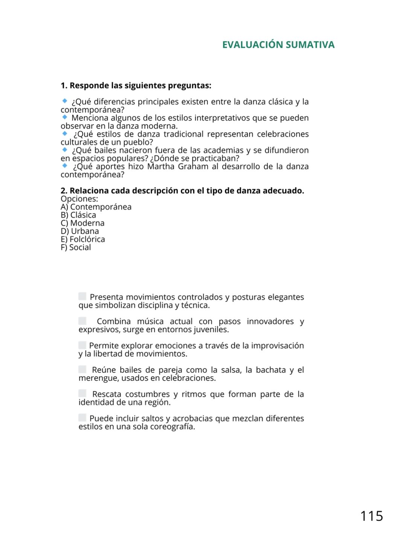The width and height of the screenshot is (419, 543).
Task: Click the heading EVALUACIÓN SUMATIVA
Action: point(278,45)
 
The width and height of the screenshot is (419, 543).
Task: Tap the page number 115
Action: point(371,516)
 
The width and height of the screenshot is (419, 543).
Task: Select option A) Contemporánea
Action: point(96,207)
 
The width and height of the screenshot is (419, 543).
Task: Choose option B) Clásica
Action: point(78,215)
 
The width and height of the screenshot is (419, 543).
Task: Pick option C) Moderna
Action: point(82,223)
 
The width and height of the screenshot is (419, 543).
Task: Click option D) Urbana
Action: point(80,231)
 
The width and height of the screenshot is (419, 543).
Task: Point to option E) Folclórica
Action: point(83,239)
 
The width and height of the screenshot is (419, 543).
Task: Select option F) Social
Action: point(76,247)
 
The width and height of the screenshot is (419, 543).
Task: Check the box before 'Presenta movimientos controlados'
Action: point(82,296)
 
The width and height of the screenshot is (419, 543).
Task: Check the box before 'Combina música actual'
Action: point(82,321)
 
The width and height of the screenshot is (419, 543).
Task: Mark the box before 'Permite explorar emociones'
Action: point(82,345)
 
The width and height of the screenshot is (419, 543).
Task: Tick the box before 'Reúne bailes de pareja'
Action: point(82,369)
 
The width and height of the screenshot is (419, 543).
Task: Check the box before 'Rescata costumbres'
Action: point(82,393)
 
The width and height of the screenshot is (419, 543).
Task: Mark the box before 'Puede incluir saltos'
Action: point(82,417)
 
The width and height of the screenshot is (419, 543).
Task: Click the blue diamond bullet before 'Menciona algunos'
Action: point(65,117)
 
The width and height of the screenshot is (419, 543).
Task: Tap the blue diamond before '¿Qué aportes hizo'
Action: point(65,166)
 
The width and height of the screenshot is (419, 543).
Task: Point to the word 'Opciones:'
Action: point(79,199)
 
